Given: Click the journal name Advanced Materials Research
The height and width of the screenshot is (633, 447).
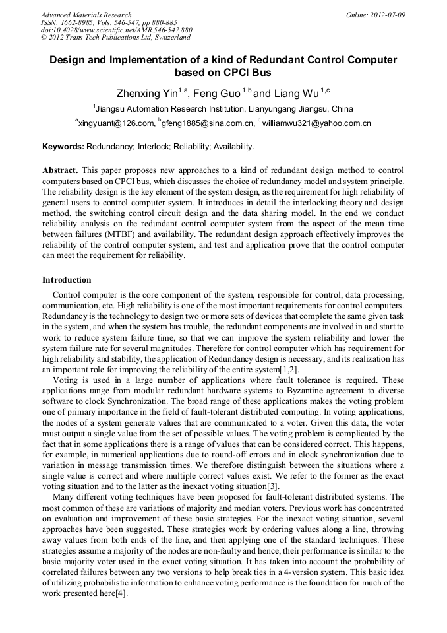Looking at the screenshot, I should click(86, 15).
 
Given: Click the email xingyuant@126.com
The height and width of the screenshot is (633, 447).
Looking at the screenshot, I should click(117, 123).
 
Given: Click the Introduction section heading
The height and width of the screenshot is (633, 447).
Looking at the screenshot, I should click(67, 280).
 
